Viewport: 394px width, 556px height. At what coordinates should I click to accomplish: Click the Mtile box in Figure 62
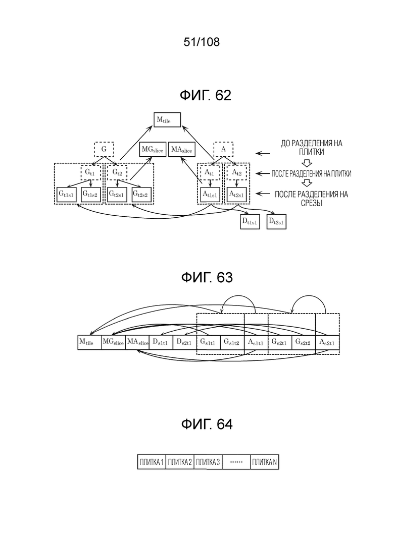pos(167,119)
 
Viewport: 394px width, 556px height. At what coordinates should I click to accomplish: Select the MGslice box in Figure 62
pos(153,150)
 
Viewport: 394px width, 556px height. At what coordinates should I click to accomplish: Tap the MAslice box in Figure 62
pos(181,150)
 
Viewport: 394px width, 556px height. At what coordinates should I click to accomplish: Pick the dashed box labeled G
pos(104,149)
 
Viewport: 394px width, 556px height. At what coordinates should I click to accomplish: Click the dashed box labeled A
pos(223,149)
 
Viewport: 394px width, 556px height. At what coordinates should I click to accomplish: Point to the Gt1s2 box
pos(91,194)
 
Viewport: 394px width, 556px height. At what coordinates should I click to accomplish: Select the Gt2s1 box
pos(117,194)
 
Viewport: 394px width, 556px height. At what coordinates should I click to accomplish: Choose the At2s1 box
pos(237,194)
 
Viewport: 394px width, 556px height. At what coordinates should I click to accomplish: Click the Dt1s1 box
pos(250,222)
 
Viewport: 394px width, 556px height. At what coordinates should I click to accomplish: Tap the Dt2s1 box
pos(276,222)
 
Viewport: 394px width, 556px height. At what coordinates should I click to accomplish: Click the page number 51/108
pos(202,42)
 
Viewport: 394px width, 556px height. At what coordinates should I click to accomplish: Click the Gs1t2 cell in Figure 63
pos(232,342)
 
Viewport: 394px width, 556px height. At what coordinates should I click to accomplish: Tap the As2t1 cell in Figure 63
pos(327,342)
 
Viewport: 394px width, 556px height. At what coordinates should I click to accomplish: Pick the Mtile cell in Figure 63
pos(89,342)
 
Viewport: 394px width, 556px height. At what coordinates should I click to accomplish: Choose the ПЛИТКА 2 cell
pos(180,462)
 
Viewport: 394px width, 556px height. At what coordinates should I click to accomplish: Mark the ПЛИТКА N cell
pos(265,462)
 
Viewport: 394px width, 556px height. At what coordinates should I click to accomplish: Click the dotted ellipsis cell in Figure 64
pos(236,462)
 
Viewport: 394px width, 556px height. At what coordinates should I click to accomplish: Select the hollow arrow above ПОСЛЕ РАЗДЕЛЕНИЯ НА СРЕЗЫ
pos(307,183)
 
